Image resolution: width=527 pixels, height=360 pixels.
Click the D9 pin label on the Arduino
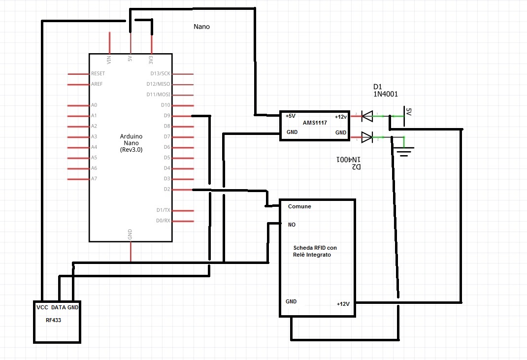166,116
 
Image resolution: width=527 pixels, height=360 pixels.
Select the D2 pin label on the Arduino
166,189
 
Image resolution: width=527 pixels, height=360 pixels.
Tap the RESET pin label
98,73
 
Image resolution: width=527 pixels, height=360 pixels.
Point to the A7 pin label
94,179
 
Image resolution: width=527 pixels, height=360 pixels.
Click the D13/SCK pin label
160,73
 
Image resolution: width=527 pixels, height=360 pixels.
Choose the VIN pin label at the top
109,60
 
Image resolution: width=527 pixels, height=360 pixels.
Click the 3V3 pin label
151,60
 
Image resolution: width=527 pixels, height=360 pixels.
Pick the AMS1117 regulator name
314,122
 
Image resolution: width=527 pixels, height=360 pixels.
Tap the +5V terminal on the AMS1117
291,116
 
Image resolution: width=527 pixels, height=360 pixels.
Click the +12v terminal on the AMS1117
340,117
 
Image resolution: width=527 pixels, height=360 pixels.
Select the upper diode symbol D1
367,116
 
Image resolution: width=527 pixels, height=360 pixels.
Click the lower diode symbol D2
367,137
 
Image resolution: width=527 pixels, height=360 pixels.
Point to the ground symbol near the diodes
404,151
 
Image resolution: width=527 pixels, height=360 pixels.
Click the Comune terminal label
299,206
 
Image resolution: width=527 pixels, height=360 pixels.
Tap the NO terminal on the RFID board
292,225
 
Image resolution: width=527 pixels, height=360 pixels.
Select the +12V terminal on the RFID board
343,304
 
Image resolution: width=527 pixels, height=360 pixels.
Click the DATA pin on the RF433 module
59,307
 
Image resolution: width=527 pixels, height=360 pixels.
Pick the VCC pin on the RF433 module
42,307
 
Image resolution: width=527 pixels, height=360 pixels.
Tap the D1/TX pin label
163,210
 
